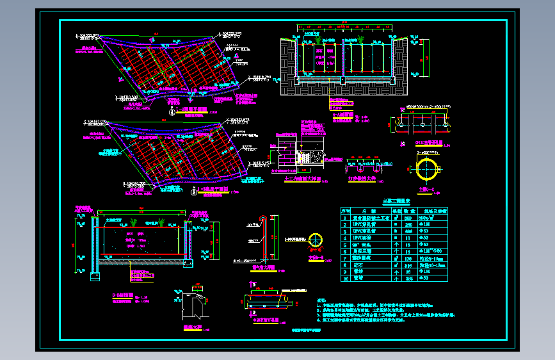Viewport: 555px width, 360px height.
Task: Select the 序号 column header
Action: click(346, 210)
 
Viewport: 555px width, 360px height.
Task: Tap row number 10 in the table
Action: click(346, 278)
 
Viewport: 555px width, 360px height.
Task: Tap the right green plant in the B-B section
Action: click(162, 222)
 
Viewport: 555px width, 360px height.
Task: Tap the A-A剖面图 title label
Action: click(342, 115)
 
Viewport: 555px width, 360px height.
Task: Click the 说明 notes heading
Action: click(322, 300)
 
